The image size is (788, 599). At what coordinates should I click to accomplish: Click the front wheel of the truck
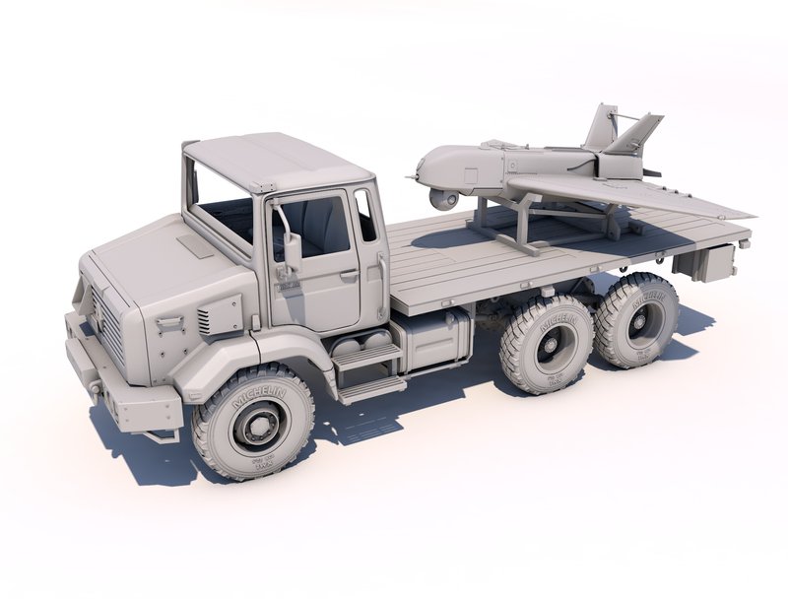253,422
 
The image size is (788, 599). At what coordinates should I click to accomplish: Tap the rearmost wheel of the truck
639,320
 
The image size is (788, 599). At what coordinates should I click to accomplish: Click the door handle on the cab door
349,277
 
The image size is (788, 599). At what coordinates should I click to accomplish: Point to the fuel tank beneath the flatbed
429,339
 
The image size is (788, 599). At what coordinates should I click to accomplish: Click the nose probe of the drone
412,177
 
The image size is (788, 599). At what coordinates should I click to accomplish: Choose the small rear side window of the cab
365,217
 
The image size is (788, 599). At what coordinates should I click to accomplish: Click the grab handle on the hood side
168,322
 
